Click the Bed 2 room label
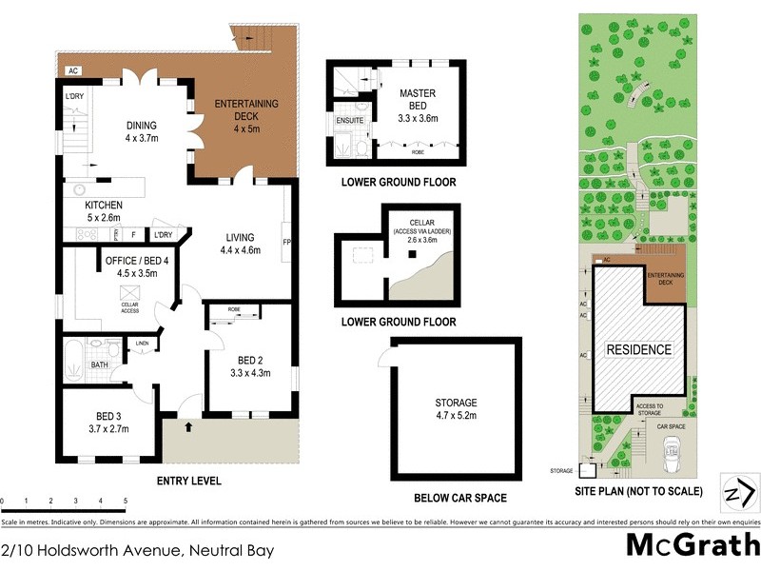[x=252, y=365]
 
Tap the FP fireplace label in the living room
[x=286, y=242]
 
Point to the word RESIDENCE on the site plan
[x=639, y=349]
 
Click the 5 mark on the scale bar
[x=125, y=501]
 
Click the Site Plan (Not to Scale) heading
[x=639, y=492]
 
